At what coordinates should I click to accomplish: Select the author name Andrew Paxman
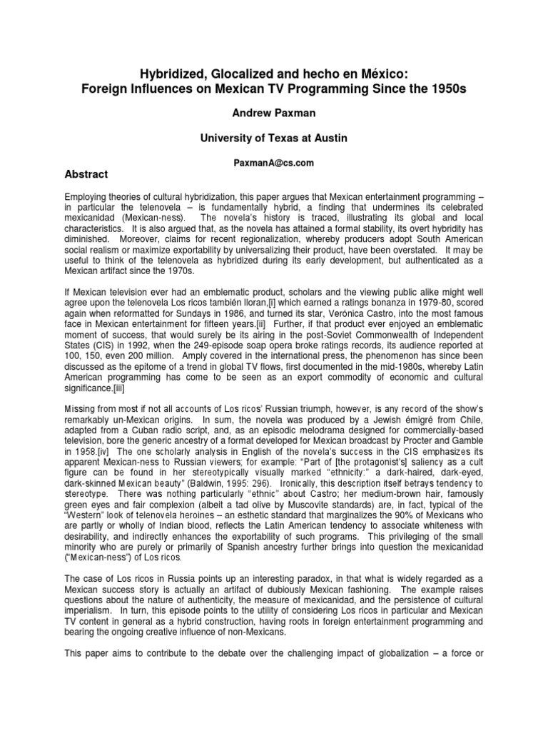(274, 114)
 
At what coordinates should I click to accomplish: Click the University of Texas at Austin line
(274, 139)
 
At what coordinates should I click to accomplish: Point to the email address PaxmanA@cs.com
(274, 163)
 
